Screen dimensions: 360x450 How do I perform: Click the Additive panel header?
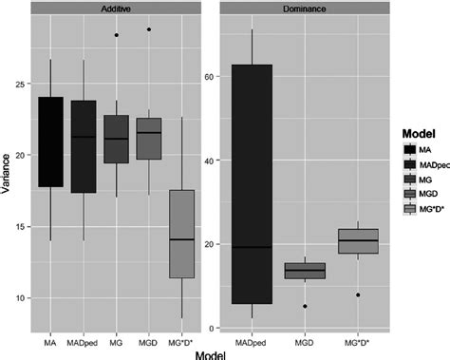115,9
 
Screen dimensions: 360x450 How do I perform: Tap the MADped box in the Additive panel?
83,146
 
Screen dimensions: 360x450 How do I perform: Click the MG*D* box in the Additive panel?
181,234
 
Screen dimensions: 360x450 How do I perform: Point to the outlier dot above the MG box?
116,35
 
